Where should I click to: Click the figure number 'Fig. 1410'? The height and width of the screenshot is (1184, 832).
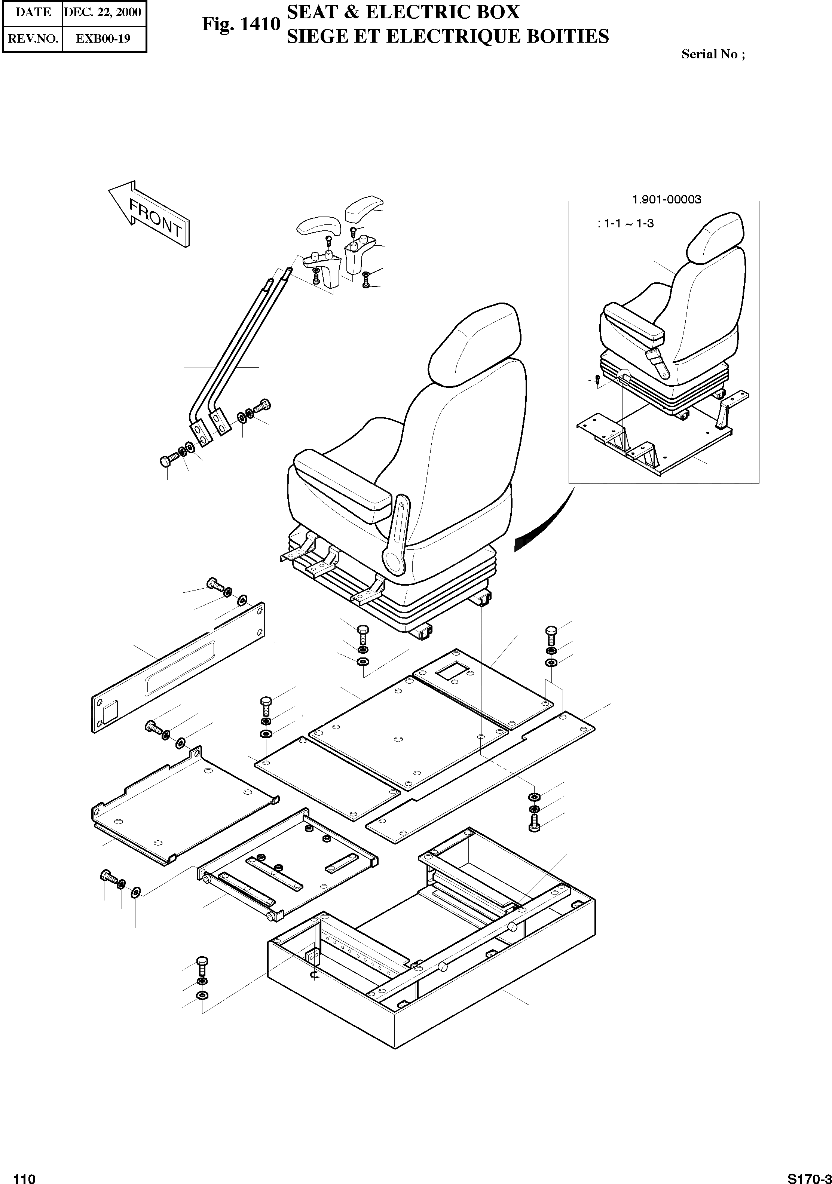click(x=241, y=24)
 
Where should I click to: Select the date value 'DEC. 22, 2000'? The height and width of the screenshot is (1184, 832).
click(x=102, y=12)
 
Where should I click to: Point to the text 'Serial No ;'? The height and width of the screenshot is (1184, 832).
click(x=713, y=54)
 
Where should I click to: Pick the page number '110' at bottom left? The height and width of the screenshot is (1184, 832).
click(x=24, y=1175)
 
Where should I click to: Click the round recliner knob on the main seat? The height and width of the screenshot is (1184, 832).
click(x=395, y=560)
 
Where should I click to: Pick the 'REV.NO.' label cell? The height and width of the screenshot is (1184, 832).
click(x=33, y=39)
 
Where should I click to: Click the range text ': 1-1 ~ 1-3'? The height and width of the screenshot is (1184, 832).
click(x=625, y=224)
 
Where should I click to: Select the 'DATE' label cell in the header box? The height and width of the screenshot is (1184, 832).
click(x=33, y=12)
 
